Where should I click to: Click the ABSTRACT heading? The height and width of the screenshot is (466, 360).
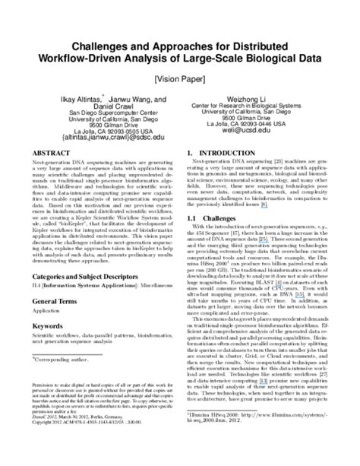[x=52, y=153]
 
